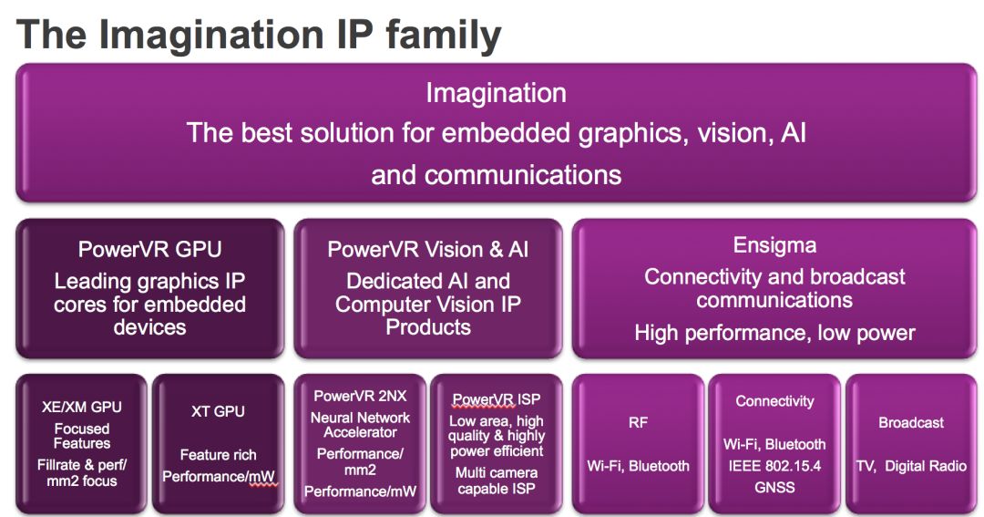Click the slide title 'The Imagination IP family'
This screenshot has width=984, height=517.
[x=259, y=35]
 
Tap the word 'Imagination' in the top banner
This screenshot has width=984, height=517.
[x=496, y=93]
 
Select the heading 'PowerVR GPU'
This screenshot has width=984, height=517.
[x=150, y=250]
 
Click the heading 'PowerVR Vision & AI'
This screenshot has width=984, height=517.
[x=428, y=250]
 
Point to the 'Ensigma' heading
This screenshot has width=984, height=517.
[x=774, y=244]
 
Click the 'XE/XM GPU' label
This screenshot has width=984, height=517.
[x=82, y=407]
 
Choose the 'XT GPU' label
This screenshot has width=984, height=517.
[x=218, y=411]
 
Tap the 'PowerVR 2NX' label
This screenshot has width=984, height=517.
[x=360, y=396]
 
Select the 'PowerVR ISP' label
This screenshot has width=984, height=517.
[x=497, y=399]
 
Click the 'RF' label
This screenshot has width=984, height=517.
[x=638, y=423]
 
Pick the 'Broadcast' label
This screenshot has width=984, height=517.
[x=911, y=423]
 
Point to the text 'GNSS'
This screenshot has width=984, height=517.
[x=774, y=488]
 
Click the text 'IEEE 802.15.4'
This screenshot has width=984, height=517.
[x=774, y=466]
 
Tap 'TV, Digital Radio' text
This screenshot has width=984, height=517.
[x=911, y=466]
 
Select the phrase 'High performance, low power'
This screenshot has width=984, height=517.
[x=774, y=332]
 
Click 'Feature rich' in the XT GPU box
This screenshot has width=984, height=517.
[x=218, y=455]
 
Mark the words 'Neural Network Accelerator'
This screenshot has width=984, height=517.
[x=360, y=425]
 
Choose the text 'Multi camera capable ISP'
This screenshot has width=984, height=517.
[x=497, y=481]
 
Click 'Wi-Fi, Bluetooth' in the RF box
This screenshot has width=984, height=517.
[x=638, y=466]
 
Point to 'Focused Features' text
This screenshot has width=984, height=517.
[x=82, y=436]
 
